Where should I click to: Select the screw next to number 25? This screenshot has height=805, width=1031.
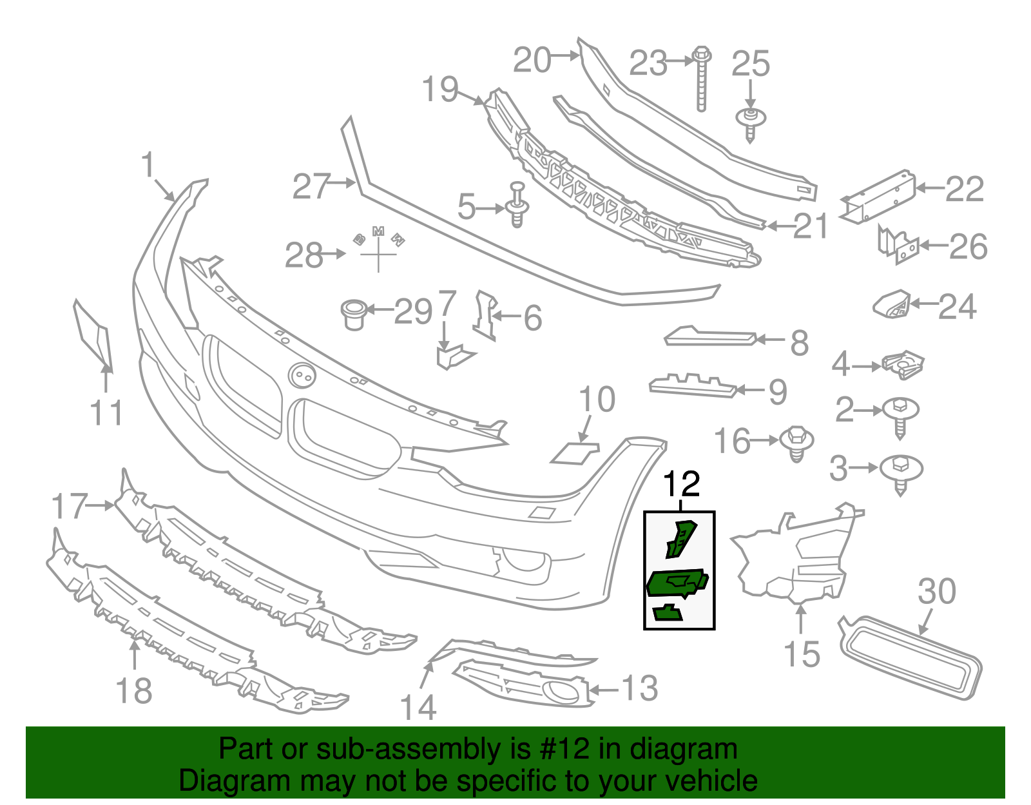[751, 124]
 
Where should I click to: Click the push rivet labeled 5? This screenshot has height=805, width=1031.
[517, 205]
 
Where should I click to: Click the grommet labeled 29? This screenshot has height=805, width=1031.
[354, 313]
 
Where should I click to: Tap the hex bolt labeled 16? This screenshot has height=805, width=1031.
[796, 443]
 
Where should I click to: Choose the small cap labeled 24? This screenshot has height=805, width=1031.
[891, 304]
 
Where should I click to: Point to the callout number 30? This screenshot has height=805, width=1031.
[937, 592]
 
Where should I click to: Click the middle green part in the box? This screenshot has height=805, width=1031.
[677, 583]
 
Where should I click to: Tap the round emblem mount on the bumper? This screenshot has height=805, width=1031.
[302, 375]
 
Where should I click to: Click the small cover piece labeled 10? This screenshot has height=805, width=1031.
[575, 452]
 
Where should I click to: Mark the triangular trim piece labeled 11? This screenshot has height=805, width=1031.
[93, 335]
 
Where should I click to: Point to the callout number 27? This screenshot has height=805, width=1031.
[312, 186]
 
